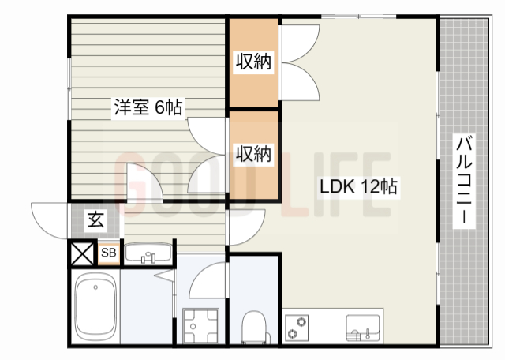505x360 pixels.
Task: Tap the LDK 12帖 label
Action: tap(357, 187)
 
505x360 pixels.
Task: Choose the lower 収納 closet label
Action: tap(253, 153)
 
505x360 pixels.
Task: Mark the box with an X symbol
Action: tap(81, 253)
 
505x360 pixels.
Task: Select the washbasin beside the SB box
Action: tap(149, 253)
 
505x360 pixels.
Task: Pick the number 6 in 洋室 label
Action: tap(159, 107)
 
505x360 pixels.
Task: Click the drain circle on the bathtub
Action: tap(95, 287)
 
